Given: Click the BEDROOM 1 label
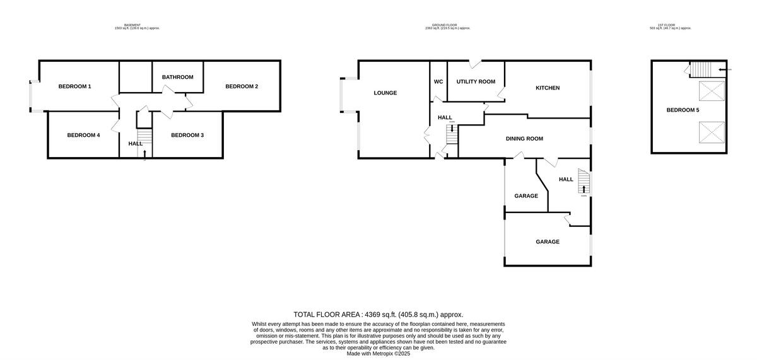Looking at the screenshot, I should (75, 86).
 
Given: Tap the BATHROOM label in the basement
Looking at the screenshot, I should (177, 78).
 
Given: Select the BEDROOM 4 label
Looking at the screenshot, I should (83, 135).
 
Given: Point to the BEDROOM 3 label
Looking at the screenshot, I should (187, 135).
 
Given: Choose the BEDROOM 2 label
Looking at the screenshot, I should (242, 86).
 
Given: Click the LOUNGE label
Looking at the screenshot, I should (385, 93).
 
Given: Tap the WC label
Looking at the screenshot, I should (438, 82).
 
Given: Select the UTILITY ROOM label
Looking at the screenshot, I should (476, 82).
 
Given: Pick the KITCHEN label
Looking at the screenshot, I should (548, 88).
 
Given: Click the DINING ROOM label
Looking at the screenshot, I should (524, 139).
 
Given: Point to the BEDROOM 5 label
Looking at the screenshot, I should (683, 110).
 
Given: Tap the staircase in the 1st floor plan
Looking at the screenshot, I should (703, 69).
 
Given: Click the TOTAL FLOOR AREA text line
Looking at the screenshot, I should (378, 315).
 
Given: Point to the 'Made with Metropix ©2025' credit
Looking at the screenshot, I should (378, 354).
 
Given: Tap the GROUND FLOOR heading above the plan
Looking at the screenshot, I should (447, 26).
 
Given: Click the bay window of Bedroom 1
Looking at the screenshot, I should (32, 96).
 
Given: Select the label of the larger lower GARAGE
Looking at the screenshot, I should (548, 241).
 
